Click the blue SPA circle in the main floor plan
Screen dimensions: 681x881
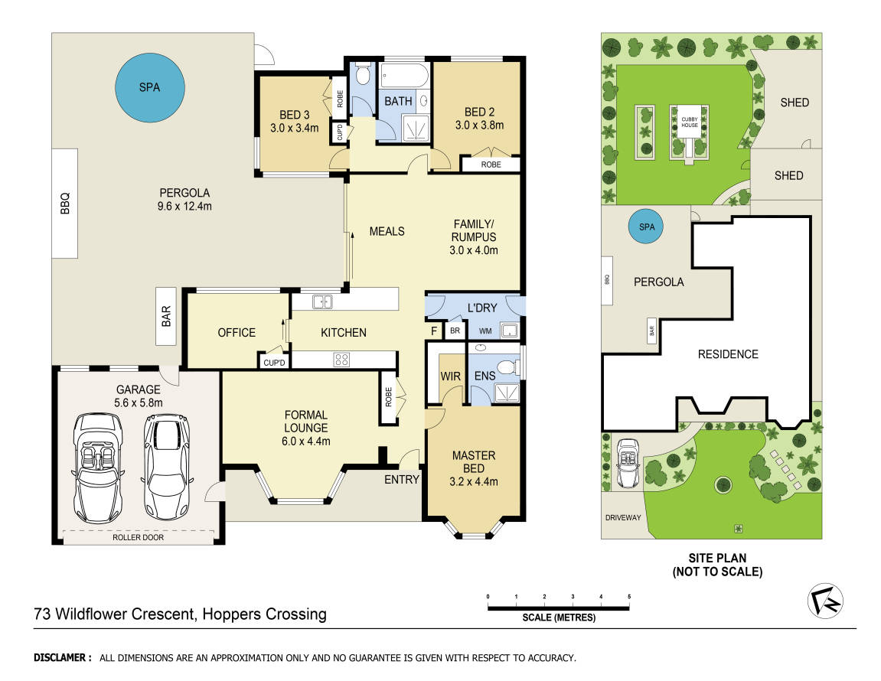tap(150, 87)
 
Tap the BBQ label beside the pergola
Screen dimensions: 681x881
tap(65, 203)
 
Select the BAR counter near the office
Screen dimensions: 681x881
tap(167, 317)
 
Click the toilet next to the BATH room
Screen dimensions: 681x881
tap(362, 75)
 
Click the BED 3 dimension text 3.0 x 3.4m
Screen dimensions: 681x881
tap(294, 129)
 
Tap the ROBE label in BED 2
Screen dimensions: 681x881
tap(491, 165)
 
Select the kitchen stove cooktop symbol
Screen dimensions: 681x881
tap(342, 359)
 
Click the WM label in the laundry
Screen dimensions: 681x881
tap(485, 331)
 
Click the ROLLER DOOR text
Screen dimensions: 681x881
tap(139, 537)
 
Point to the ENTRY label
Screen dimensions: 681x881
tap(402, 480)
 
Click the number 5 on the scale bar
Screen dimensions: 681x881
tap(629, 596)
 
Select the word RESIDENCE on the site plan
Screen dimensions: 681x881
tap(728, 354)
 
